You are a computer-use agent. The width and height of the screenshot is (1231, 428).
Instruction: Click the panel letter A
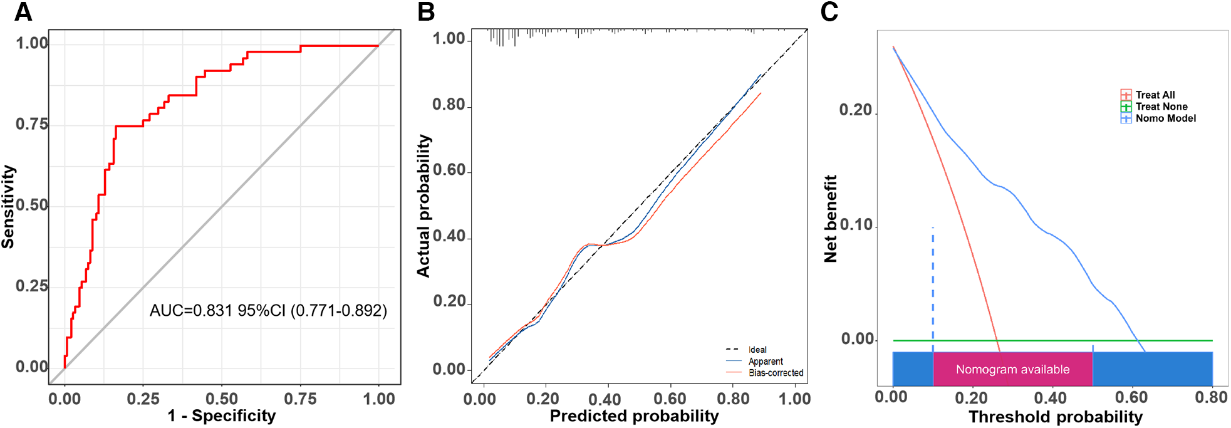[23, 12]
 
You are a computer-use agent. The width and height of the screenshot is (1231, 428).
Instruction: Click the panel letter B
[426, 12]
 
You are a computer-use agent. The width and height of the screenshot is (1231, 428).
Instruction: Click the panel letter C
[829, 12]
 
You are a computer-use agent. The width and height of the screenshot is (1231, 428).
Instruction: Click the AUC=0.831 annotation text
[268, 310]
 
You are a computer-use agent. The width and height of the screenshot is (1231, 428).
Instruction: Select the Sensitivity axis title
[8, 207]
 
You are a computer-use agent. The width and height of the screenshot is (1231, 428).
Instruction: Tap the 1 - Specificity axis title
[221, 416]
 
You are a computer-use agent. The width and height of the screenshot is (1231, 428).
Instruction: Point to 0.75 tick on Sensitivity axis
[32, 124]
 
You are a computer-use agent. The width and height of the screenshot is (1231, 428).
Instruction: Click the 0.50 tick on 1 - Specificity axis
[221, 399]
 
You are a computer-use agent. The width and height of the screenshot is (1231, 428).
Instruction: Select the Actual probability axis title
[424, 206]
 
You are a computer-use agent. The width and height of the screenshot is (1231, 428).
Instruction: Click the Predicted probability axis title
[634, 416]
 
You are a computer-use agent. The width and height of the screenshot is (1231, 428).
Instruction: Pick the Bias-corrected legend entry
[776, 373]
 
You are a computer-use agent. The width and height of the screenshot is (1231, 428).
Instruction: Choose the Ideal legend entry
[757, 350]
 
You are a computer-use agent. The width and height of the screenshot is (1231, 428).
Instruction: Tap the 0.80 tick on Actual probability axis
[449, 105]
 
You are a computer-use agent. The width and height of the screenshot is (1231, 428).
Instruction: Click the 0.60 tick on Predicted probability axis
[670, 399]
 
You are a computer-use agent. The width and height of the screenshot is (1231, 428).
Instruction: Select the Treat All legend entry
[1155, 95]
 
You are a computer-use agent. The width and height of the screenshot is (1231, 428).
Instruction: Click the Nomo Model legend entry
[1165, 118]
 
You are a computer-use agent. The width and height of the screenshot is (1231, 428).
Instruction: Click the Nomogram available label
[1012, 370]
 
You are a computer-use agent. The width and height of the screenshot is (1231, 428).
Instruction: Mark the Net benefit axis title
[831, 219]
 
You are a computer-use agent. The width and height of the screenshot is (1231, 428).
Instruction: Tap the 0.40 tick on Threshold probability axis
[1051, 397]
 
